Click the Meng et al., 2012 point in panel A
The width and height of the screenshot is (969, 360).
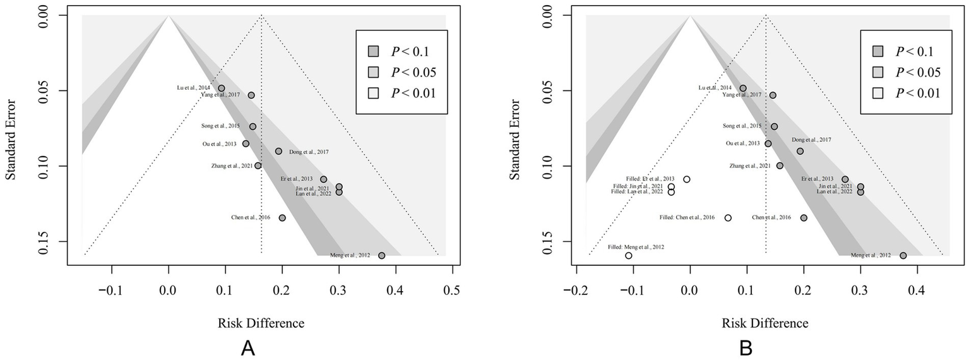[x=381, y=255]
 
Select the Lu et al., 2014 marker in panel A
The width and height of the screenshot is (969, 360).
[x=221, y=88]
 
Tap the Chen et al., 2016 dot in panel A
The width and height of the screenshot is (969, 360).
[x=282, y=218]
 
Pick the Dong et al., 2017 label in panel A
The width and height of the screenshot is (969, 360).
[x=309, y=152]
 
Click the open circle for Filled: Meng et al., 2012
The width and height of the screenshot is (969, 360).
[x=629, y=255]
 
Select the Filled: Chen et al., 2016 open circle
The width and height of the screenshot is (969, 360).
[x=728, y=218]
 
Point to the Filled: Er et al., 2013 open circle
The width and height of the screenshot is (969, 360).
[x=687, y=179]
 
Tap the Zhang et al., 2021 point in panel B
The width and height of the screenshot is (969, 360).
[x=780, y=165]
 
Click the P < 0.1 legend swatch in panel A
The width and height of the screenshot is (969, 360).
[x=373, y=51]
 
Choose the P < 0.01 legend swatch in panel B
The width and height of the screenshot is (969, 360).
[x=877, y=93]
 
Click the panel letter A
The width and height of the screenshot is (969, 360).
[x=248, y=348]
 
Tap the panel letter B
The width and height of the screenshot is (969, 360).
[x=746, y=348]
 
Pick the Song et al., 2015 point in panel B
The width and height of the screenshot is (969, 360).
[x=775, y=126]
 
